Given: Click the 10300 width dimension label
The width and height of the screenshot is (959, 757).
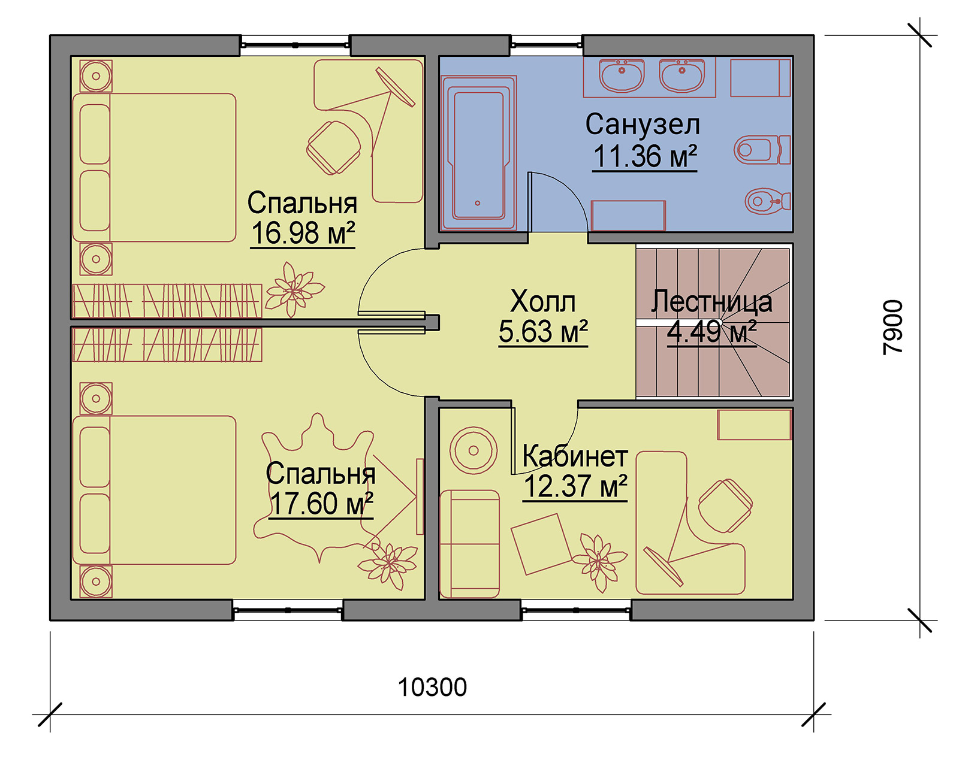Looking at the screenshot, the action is [x=432, y=687].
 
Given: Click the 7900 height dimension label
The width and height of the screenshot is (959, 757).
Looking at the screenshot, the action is [x=893, y=327].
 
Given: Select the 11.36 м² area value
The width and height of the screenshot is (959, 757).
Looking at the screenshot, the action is [x=645, y=156].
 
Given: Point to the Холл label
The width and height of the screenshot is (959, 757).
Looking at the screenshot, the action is [x=543, y=301].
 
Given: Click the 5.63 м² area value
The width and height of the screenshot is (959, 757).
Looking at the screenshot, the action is [x=543, y=331].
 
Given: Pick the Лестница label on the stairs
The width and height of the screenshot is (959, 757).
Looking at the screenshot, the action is [x=711, y=301].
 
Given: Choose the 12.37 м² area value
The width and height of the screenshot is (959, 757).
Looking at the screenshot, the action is [x=575, y=486].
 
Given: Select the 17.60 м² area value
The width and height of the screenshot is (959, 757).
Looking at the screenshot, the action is [x=321, y=504].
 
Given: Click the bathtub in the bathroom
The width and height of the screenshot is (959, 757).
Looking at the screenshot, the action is [x=479, y=153].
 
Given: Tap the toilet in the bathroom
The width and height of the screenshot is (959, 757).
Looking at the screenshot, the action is [x=762, y=150].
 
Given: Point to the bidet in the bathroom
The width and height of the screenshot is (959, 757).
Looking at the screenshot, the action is [x=767, y=201].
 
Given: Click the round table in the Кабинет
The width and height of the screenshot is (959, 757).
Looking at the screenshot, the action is [x=474, y=450].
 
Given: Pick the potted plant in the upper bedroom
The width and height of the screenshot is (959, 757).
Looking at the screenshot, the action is [x=294, y=289].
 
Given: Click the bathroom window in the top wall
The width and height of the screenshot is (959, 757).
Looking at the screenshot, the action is [x=547, y=44].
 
